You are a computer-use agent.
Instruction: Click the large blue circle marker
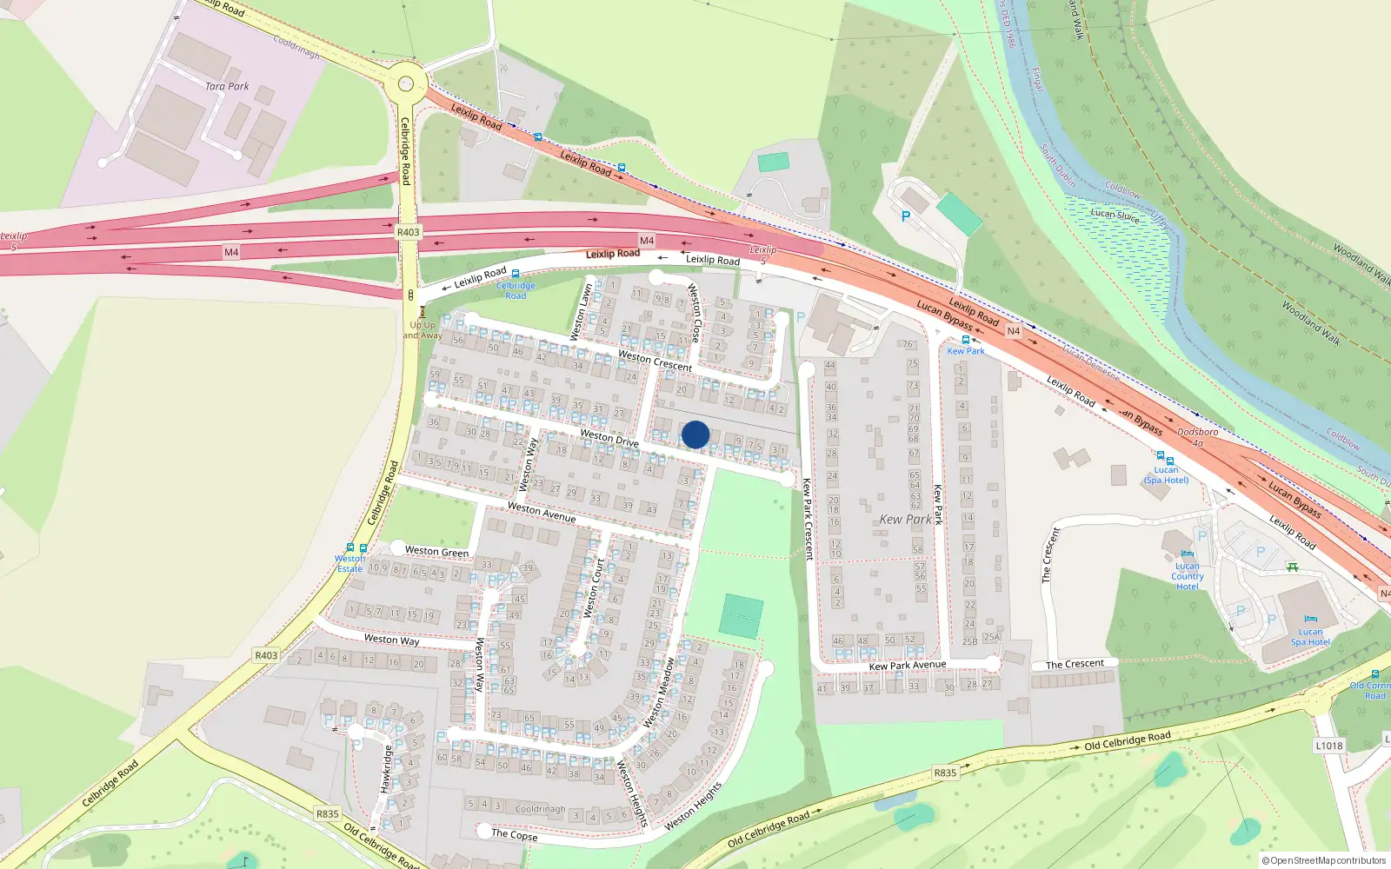(x=695, y=434)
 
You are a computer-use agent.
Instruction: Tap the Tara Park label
(x=227, y=86)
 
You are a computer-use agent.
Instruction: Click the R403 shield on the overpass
(x=408, y=232)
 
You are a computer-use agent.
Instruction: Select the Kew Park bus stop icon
(x=966, y=340)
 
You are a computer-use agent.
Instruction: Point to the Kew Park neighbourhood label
(x=905, y=519)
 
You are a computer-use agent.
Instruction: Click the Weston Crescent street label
(x=655, y=361)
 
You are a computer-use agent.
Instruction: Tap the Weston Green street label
(x=436, y=552)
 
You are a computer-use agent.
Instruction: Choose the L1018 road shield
(x=1328, y=746)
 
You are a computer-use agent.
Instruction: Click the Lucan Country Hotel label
(x=1187, y=576)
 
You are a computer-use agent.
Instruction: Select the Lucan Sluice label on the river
(x=1115, y=215)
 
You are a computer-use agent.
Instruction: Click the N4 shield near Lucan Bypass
(x=1013, y=331)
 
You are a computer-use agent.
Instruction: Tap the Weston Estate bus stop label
(x=349, y=564)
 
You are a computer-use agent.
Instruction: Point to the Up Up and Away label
(x=423, y=330)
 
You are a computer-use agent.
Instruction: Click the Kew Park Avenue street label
(x=907, y=666)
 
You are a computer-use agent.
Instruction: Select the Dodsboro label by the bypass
(x=1197, y=433)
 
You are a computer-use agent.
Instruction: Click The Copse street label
(x=514, y=834)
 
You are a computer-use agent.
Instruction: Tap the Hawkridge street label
(x=385, y=769)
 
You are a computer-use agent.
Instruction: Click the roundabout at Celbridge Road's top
(x=406, y=84)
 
